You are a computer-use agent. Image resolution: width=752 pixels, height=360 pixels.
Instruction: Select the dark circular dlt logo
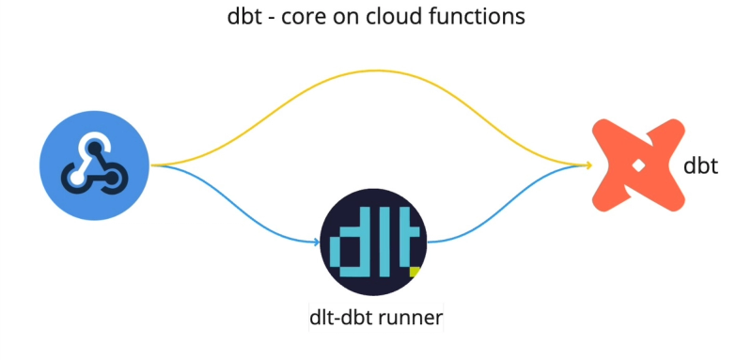pyautogui.click(x=373, y=243)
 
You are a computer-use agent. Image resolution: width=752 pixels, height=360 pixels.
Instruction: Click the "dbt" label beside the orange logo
pyautogui.click(x=700, y=167)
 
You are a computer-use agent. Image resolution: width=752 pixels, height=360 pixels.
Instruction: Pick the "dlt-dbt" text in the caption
pyautogui.click(x=341, y=317)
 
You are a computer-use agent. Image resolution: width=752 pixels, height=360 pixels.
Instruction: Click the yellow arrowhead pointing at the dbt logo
pyautogui.click(x=587, y=165)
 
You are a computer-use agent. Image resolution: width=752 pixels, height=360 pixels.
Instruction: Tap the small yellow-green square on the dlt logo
pyautogui.click(x=414, y=272)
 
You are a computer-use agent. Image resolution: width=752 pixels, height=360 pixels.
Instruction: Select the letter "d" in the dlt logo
pyautogui.click(x=351, y=243)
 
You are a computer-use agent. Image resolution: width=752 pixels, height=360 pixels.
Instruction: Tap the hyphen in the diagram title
pyautogui.click(x=274, y=18)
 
